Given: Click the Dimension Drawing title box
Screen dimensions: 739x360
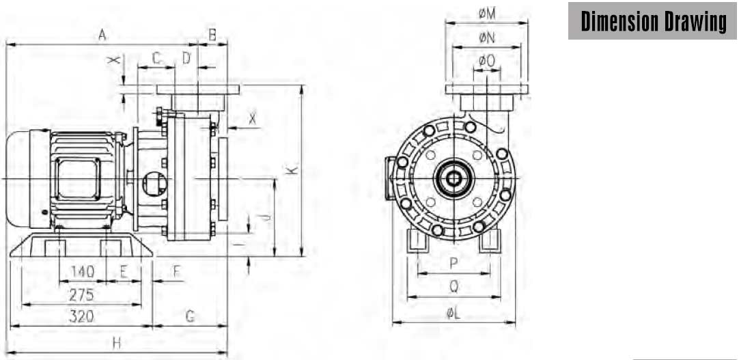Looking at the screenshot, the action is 652,21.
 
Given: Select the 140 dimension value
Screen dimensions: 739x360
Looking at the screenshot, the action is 83,271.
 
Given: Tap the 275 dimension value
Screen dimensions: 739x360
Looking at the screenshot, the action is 81,295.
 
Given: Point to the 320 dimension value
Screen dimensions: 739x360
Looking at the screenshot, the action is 81,316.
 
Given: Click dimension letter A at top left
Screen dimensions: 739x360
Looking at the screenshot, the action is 102,34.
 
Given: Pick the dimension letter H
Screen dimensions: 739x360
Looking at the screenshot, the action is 116,344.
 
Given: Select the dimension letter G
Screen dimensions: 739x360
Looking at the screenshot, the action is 190,317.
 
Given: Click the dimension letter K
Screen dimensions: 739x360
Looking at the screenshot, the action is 293,169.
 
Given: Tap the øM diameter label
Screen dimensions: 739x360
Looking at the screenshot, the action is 487,14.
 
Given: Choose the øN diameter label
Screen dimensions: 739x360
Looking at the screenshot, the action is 487,38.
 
